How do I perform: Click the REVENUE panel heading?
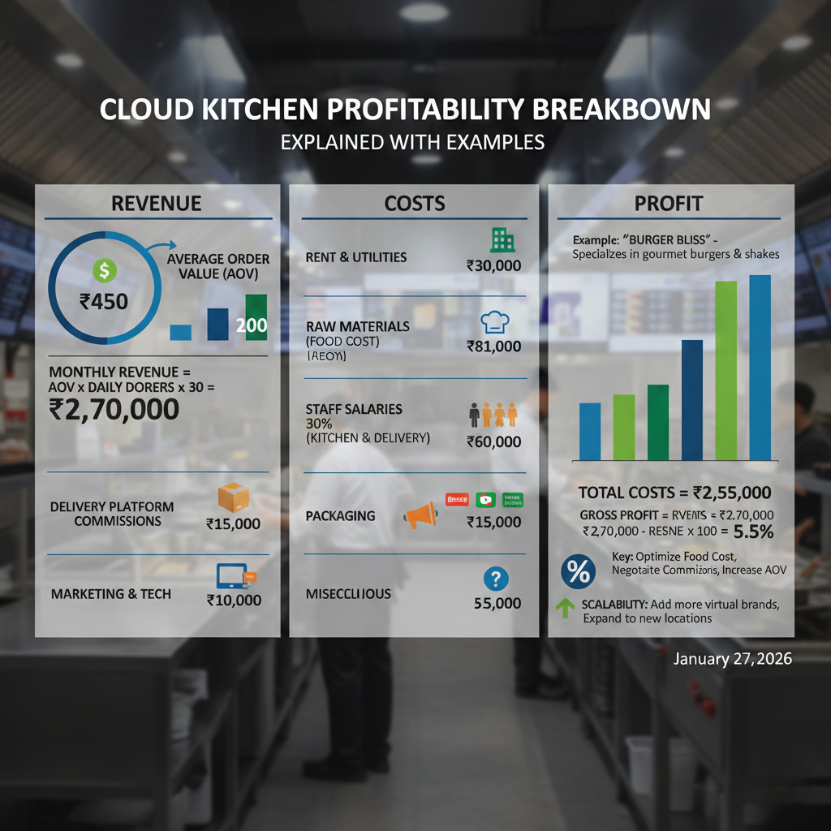point(157,203)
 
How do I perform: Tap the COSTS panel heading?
point(414,203)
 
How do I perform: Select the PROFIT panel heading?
point(669,203)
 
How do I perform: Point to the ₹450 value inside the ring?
point(104,302)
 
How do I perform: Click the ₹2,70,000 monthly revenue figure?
point(114,409)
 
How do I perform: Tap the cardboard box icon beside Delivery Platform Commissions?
point(234,497)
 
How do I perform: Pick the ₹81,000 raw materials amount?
point(493,347)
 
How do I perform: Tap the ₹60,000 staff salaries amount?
point(493,441)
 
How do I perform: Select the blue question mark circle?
point(495,579)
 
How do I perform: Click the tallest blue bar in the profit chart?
point(760,367)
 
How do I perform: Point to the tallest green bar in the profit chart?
point(726,370)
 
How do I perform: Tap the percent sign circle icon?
point(577,572)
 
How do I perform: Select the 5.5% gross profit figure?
point(752,532)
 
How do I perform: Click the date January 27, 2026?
point(733,659)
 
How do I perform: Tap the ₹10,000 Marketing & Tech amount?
point(234,601)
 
